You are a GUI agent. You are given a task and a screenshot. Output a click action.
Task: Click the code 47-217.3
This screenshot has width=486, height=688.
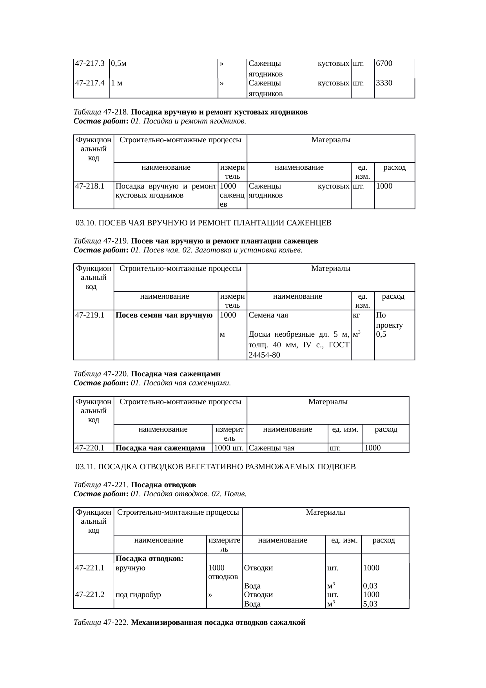click(x=89, y=63)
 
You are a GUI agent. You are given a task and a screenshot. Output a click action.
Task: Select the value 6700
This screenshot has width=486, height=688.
click(x=384, y=63)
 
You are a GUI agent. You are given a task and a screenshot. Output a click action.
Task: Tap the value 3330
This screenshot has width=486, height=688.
click(x=384, y=83)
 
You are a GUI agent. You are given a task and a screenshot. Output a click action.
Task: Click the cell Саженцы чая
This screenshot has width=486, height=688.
click(x=272, y=448)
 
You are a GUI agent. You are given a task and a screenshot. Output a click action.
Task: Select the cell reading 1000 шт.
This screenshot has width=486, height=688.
click(x=228, y=448)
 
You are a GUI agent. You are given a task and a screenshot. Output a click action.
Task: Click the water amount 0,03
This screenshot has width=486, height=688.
click(x=370, y=586)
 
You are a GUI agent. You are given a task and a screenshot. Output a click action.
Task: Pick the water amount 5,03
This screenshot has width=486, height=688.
click(x=370, y=604)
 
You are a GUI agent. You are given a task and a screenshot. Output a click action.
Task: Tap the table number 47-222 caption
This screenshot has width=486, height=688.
click(x=115, y=623)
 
